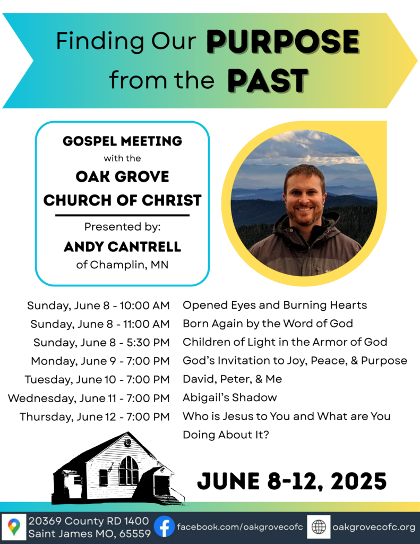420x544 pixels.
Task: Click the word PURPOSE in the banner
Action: point(283,41)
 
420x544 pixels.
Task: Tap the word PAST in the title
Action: point(268,81)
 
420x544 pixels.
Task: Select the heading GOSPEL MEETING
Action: point(123,141)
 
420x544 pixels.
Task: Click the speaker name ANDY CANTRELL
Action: point(123,246)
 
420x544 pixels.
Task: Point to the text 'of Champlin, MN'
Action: point(123,265)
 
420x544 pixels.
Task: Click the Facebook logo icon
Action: point(164,526)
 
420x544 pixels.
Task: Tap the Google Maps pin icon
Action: point(14,527)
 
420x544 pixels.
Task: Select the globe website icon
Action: point(319,527)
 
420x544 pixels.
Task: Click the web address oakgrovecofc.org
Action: point(374,528)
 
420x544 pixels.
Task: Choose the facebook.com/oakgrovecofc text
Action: point(240,527)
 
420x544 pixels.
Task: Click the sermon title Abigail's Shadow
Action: point(230,397)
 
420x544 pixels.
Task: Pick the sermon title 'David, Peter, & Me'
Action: point(233,379)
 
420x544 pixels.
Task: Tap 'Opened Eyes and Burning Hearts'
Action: point(275,305)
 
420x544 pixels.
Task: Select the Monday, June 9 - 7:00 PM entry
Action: point(100,361)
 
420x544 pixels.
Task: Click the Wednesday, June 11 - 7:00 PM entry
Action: point(89,398)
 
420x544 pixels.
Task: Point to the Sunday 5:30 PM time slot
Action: point(101,343)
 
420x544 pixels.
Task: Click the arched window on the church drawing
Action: point(128,471)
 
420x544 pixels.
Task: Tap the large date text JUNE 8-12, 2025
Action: point(292,481)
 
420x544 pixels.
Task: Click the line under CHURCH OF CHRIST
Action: point(123,216)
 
